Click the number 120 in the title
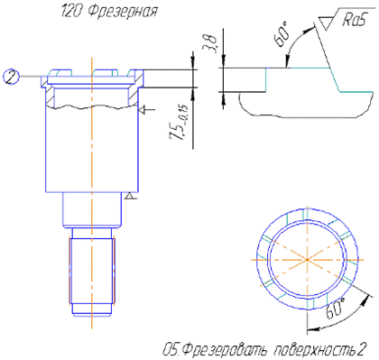(x=72, y=12)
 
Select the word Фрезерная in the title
(x=123, y=12)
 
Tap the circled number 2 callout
(x=11, y=77)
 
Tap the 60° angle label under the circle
(x=335, y=309)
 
